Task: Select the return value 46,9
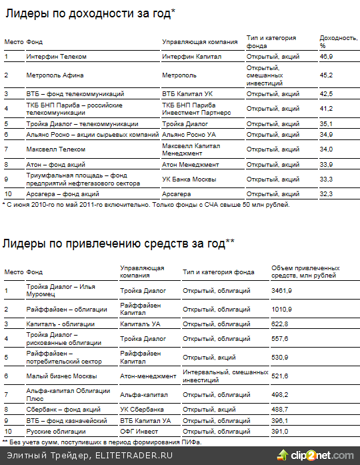pyautogui.click(x=326, y=57)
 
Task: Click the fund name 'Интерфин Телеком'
pyautogui.click(x=56, y=57)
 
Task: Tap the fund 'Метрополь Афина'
pyautogui.click(x=55, y=75)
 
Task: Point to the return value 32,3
pyautogui.click(x=326, y=194)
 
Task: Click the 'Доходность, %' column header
pyautogui.click(x=333, y=41)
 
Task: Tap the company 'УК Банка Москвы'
pyautogui.click(x=189, y=179)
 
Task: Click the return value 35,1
pyautogui.click(x=326, y=123)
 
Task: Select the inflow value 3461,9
pyautogui.click(x=281, y=291)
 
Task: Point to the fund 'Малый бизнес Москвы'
pyautogui.click(x=61, y=376)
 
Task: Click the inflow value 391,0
pyautogui.click(x=280, y=432)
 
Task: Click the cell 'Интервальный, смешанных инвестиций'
pyautogui.click(x=216, y=376)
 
